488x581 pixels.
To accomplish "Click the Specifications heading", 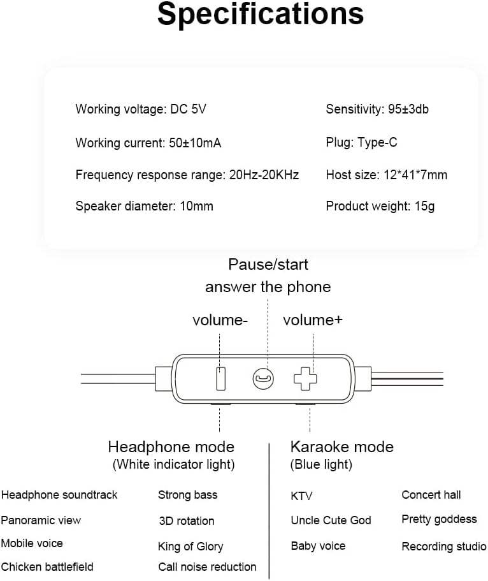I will tap(261, 15).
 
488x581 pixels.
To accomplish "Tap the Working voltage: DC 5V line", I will tap(141, 109).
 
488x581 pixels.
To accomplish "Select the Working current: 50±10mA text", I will tap(148, 143).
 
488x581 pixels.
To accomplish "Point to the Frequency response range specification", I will tap(187, 175).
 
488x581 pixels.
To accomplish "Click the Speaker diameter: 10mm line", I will tap(145, 206).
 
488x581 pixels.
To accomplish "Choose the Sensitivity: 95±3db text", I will tap(377, 109).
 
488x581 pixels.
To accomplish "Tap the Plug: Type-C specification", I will tap(361, 142).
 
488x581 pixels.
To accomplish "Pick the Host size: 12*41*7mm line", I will tap(387, 175).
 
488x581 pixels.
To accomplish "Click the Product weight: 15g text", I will tap(380, 206).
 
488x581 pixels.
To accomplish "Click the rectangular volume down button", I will tap(220, 379).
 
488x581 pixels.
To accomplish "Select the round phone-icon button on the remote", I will tap(262, 379).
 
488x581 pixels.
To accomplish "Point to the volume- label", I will tap(220, 320).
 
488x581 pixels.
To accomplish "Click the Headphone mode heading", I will tap(171, 446).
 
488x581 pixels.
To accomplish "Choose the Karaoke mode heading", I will tap(342, 446).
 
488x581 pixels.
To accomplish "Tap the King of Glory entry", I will tap(190, 547).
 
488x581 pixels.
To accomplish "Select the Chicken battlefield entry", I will tap(47, 566).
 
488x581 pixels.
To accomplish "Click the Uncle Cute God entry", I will tap(331, 520).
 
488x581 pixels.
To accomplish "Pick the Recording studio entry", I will tap(444, 547).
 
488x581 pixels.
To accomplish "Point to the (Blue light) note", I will tap(321, 465).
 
